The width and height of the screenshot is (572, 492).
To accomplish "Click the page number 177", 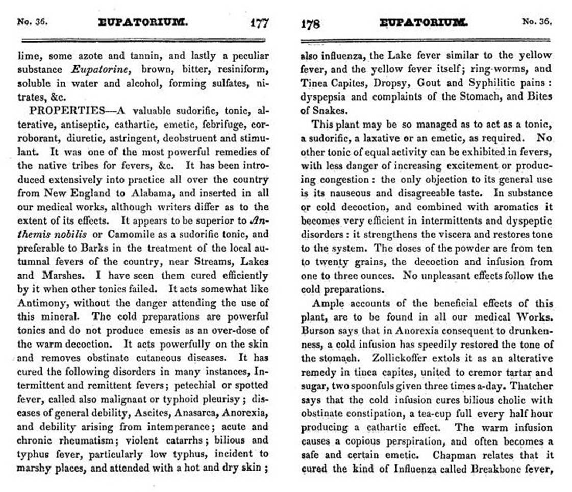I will (x=259, y=23).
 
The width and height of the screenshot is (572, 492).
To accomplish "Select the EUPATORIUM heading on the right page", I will (x=422, y=23).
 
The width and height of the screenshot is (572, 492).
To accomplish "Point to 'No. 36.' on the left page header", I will (x=33, y=22).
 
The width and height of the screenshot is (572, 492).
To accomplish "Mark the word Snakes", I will (x=327, y=110).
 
